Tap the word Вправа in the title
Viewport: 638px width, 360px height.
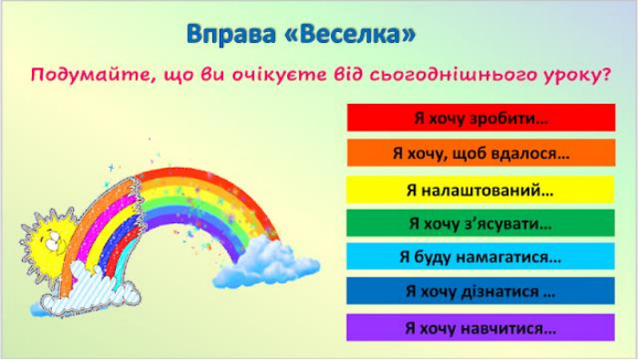tap(231, 34)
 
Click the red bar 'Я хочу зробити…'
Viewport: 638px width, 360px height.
tap(481, 118)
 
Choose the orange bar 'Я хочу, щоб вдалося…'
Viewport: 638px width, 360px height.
tap(481, 153)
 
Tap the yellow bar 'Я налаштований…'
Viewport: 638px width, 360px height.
tap(480, 190)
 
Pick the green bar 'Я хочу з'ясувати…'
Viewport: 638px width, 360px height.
tap(480, 223)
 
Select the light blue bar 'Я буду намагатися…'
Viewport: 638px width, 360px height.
tap(480, 257)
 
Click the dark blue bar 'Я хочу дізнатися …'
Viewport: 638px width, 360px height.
tap(480, 291)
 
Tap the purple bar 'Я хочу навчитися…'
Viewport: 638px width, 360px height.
tap(480, 327)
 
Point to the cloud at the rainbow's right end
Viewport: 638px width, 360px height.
tap(266, 262)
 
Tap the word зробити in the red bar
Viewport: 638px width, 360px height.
tap(509, 118)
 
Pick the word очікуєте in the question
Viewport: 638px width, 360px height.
tap(279, 76)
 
